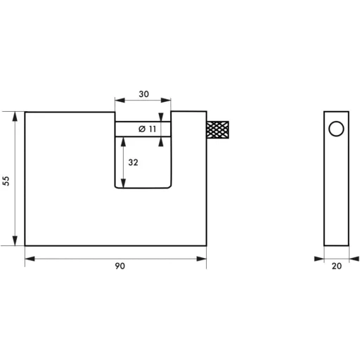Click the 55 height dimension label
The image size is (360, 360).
(6, 180)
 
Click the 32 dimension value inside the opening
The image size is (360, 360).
(133, 162)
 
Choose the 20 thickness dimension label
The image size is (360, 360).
(335, 267)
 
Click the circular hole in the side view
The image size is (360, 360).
(335, 129)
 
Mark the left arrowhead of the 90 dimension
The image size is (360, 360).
(28, 259)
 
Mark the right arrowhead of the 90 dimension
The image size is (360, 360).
(203, 259)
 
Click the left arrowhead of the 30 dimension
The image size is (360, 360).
(118, 100)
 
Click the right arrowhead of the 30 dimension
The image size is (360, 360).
(168, 100)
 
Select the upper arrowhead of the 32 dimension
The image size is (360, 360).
(124, 139)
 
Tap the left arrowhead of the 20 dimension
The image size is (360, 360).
(326, 259)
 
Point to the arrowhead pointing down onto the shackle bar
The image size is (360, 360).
(164, 120)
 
